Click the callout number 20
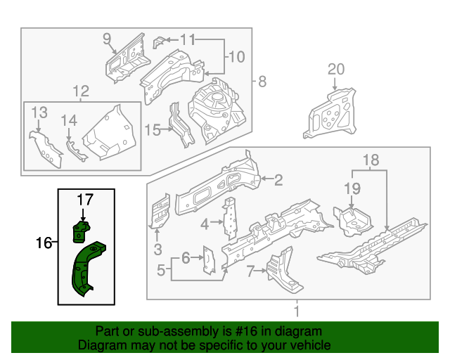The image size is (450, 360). click(336, 69)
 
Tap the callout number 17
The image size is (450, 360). click(84, 200)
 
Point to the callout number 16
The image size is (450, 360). click(44, 243)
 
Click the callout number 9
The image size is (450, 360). click(108, 38)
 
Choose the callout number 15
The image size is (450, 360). click(153, 129)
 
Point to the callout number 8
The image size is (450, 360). click(262, 82)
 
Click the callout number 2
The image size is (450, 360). click(278, 180)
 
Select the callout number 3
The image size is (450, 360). click(157, 248)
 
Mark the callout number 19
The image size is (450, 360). click(352, 188)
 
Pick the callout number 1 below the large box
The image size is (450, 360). click(296, 310)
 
